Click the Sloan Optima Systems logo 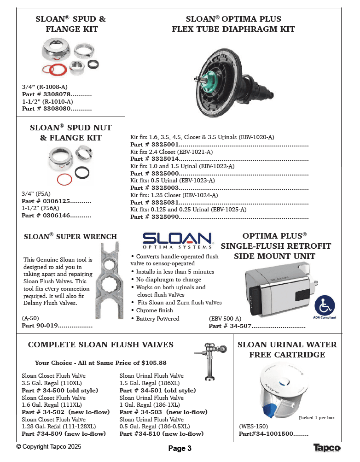click(178, 240)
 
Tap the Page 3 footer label click(180, 449)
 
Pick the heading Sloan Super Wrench click(70, 237)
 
